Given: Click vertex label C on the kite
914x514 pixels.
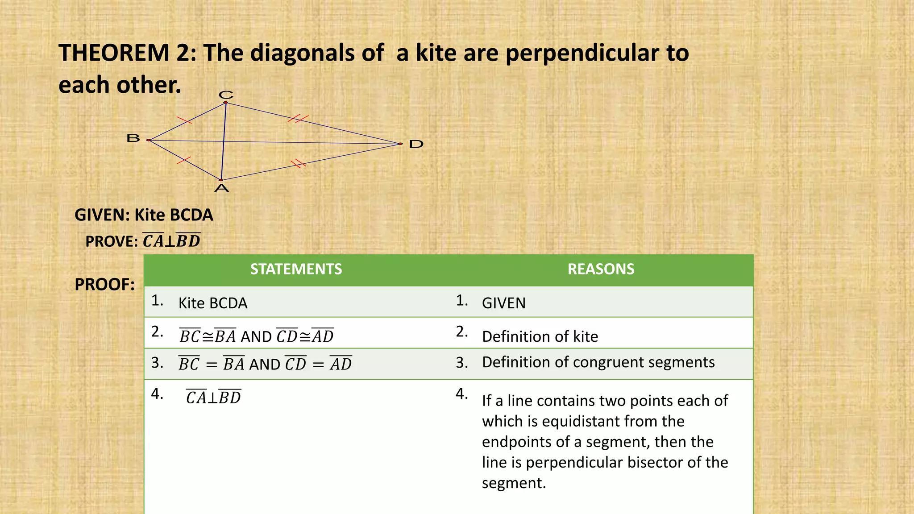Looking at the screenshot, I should coord(226,95).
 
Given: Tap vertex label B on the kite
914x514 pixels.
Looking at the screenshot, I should coord(133,138).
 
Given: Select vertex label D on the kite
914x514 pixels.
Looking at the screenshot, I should coord(416,144).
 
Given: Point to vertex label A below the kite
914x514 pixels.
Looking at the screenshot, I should coord(221,188).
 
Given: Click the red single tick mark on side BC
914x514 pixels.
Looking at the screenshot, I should coord(184,120).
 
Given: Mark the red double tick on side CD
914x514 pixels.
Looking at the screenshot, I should coord(298,119).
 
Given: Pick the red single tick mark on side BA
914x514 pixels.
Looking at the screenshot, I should coord(183,160).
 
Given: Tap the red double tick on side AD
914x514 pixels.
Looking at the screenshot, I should coord(298,163).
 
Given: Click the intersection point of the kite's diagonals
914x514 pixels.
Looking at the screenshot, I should coord(223,141).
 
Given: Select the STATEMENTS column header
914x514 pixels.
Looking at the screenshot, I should coord(296,269).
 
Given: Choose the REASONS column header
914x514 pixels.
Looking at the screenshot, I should coord(601,269).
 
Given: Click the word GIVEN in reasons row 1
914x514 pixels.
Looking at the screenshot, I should coord(503,303).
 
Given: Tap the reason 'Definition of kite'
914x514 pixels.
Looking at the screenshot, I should coord(540,336).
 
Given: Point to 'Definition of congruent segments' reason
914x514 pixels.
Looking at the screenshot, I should coord(598,362).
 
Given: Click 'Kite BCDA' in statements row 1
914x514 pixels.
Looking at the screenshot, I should coord(213,303).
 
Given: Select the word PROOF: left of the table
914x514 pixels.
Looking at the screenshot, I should coord(104,285).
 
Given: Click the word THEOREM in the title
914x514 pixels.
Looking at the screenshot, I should coord(114,53).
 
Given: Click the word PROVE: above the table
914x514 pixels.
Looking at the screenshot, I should coord(112,241).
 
